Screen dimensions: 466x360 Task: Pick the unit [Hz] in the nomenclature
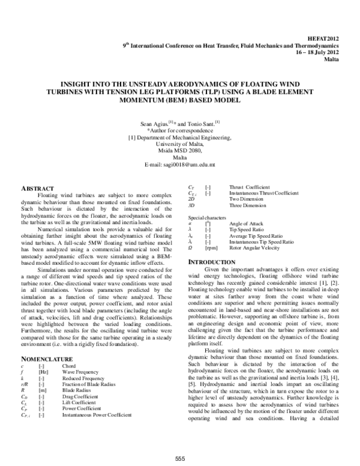click(x=43, y=372)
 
